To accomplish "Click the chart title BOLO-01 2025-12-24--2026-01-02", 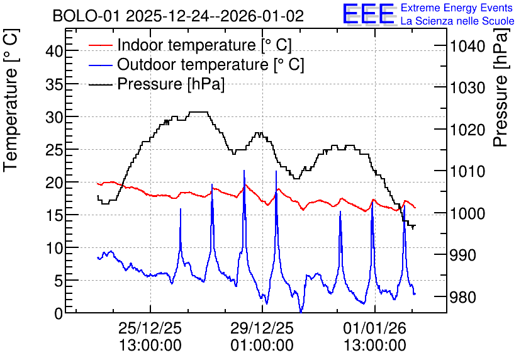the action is (x=178, y=16).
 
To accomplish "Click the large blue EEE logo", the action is (x=369, y=14).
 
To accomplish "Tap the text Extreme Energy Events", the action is (x=457, y=8).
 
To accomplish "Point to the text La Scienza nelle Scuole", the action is (x=457, y=21).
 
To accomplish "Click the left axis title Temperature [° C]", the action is (x=11, y=100).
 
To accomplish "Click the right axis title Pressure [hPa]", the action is (x=501, y=87).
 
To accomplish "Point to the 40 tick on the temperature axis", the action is (x=54, y=52).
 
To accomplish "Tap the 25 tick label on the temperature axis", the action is (x=54, y=150).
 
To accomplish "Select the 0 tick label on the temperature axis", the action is (x=59, y=313).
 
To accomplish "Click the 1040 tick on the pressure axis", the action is (x=467, y=47).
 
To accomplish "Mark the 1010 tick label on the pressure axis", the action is (x=467, y=171).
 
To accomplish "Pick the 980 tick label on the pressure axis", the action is (x=463, y=297).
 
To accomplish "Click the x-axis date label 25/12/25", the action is (x=150, y=328).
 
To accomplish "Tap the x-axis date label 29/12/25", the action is (x=262, y=328).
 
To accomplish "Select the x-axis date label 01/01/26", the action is (x=374, y=328).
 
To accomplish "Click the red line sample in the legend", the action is (x=101, y=45).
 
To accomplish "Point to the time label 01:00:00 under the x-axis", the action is (x=262, y=346).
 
